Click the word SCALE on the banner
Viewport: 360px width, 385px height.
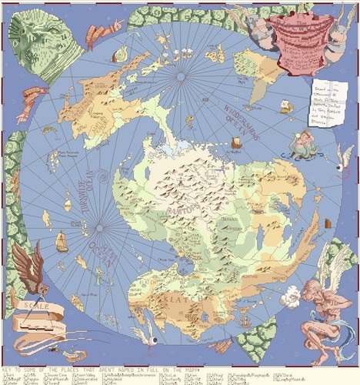tap(42, 306)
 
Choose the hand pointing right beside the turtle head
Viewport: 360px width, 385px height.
tap(103, 32)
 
